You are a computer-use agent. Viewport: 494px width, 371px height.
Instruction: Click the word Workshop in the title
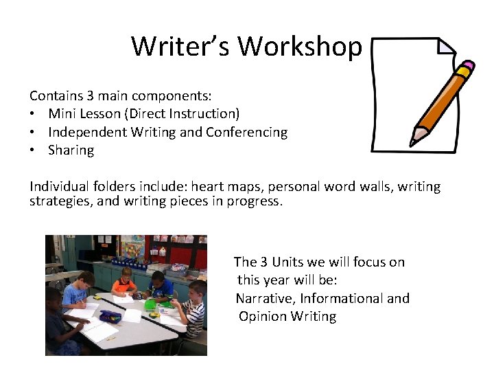click(x=300, y=47)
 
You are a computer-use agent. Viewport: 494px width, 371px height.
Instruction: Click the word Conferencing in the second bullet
click(x=246, y=132)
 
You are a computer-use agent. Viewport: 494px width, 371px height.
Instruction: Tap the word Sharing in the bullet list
click(x=71, y=150)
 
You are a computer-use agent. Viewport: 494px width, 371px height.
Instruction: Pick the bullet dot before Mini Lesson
click(x=34, y=114)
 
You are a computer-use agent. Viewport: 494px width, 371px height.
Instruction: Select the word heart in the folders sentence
click(x=207, y=187)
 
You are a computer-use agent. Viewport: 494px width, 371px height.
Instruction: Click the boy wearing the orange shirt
click(x=125, y=282)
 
